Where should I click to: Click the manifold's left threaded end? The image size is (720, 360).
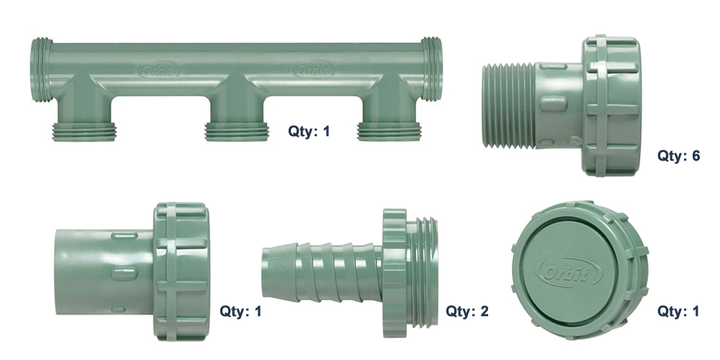(40, 69)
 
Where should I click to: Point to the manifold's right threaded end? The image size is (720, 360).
(431, 69)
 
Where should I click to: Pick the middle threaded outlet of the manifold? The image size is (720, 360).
(228, 131)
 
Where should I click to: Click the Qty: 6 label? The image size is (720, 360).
(678, 156)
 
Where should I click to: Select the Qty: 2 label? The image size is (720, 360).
(467, 312)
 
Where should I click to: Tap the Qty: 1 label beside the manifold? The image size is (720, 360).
(309, 131)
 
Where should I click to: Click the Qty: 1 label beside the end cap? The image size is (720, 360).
(678, 312)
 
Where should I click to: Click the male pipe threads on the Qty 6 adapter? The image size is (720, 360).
(507, 105)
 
